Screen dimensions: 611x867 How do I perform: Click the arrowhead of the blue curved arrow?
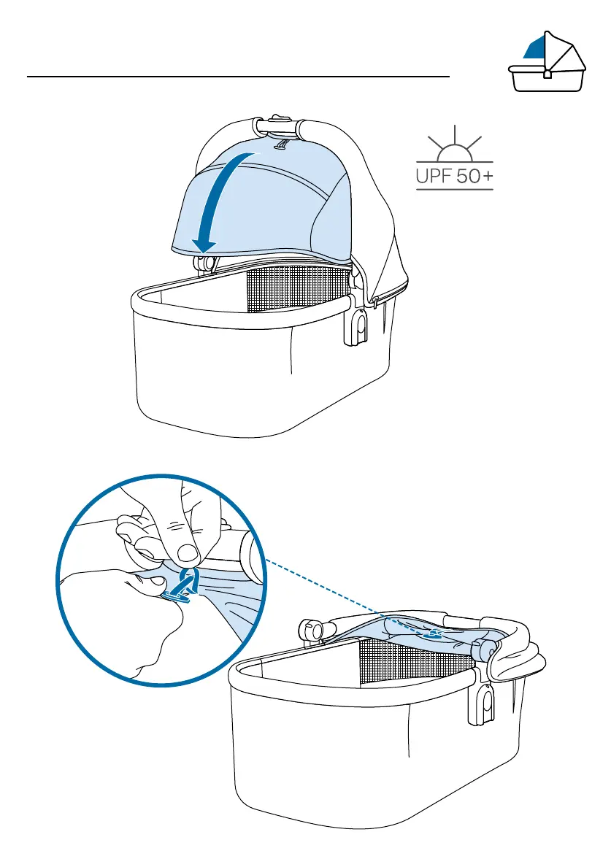202,243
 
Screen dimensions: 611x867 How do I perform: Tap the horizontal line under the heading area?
238,76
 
